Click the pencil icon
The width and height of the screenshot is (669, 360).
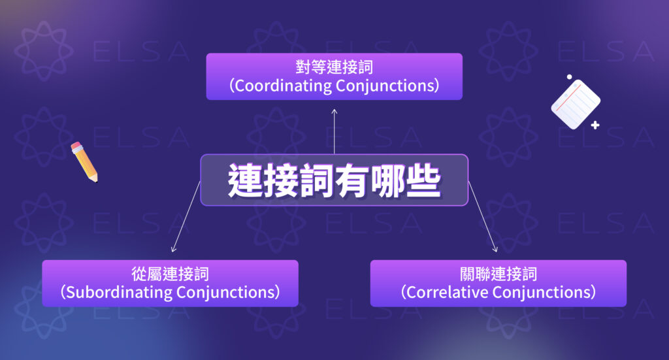click(x=84, y=161)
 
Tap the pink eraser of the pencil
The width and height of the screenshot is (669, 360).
click(x=76, y=144)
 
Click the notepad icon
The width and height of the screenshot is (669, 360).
click(x=575, y=103)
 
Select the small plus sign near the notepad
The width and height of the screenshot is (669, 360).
click(x=595, y=125)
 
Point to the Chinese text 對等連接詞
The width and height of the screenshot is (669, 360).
click(x=334, y=67)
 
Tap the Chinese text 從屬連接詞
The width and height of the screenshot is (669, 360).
click(x=170, y=273)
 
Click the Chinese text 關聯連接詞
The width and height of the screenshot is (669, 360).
click(x=498, y=273)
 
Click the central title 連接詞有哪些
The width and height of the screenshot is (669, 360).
click(x=334, y=180)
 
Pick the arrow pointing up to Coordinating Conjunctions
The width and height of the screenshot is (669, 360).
click(x=334, y=131)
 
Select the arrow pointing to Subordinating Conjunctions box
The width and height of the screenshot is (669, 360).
click(x=186, y=218)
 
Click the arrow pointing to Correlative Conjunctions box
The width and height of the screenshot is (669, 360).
click(x=483, y=218)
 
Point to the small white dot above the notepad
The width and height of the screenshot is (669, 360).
click(x=569, y=77)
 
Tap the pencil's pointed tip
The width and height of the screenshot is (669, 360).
click(x=95, y=180)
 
